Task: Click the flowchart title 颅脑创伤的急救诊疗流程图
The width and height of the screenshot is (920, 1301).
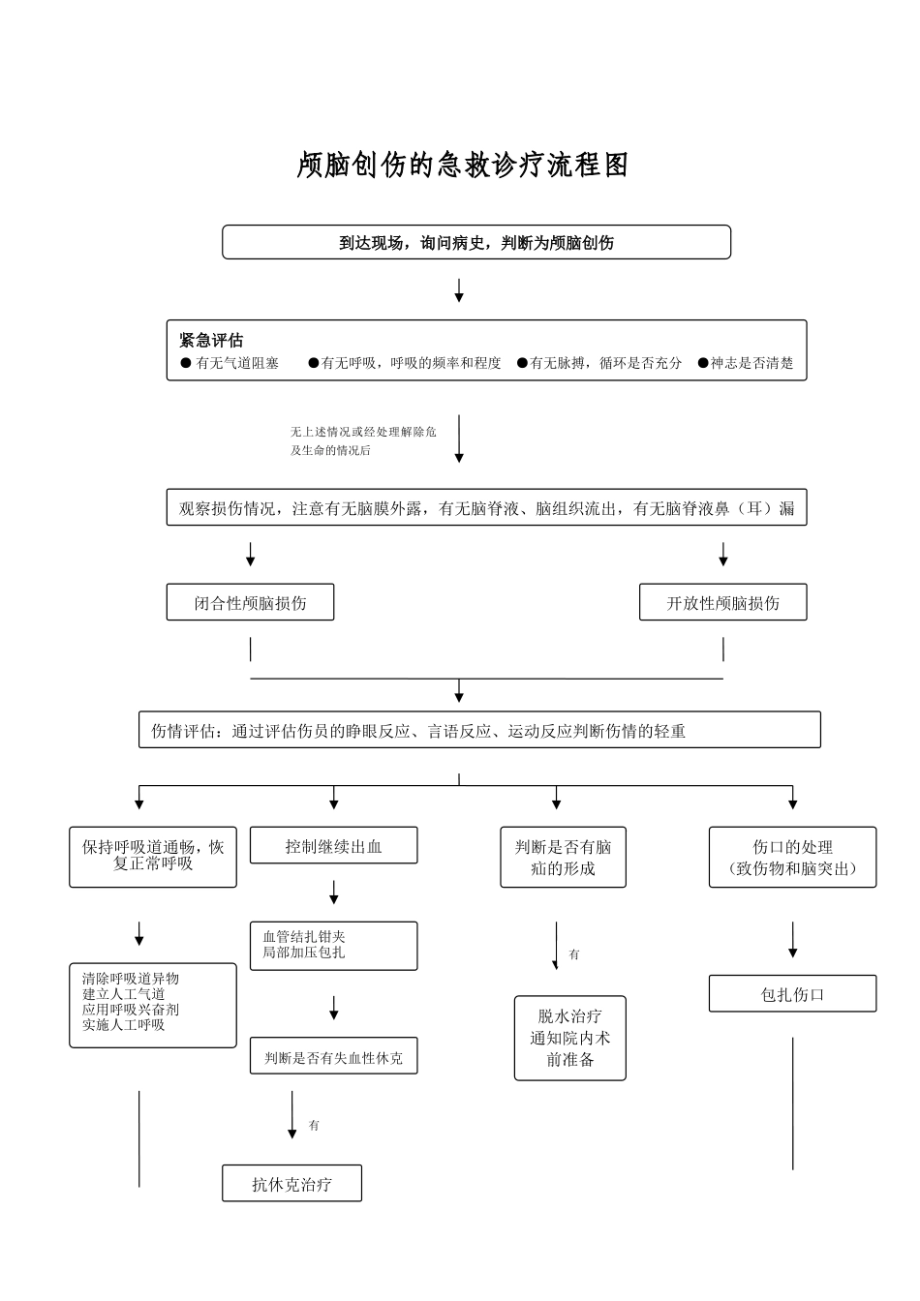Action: click(462, 166)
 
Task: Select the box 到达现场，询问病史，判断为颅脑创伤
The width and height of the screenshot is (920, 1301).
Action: click(475, 243)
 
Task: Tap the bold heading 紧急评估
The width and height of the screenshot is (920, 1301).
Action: click(211, 341)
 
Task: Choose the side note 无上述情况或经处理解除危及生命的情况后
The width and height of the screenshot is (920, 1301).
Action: click(363, 440)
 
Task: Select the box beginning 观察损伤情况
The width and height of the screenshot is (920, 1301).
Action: click(486, 508)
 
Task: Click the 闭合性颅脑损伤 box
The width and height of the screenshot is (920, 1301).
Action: click(250, 603)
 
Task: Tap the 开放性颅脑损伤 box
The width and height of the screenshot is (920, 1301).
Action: click(722, 603)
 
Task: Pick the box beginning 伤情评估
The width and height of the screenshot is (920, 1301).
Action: click(479, 731)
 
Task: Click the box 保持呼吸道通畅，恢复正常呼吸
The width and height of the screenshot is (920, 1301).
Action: click(153, 857)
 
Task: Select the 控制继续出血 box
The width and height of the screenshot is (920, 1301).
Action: click(333, 846)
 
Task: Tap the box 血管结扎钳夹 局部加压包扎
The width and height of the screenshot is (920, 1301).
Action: click(333, 946)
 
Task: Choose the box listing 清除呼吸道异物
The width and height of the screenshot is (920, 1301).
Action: click(153, 1004)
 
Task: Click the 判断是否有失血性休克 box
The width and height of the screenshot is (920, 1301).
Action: click(333, 1058)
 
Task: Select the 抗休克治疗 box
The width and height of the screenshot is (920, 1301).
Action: click(291, 1184)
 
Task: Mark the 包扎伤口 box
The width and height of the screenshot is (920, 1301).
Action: click(792, 994)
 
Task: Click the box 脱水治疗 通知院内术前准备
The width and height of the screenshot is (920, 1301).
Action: click(569, 1038)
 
